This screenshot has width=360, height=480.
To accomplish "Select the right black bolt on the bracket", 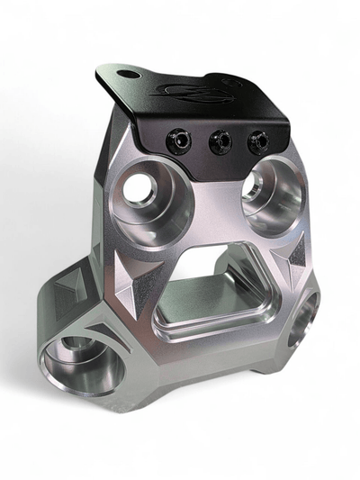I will [x=259, y=140].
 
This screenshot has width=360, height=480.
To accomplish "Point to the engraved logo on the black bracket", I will [x=193, y=90].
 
